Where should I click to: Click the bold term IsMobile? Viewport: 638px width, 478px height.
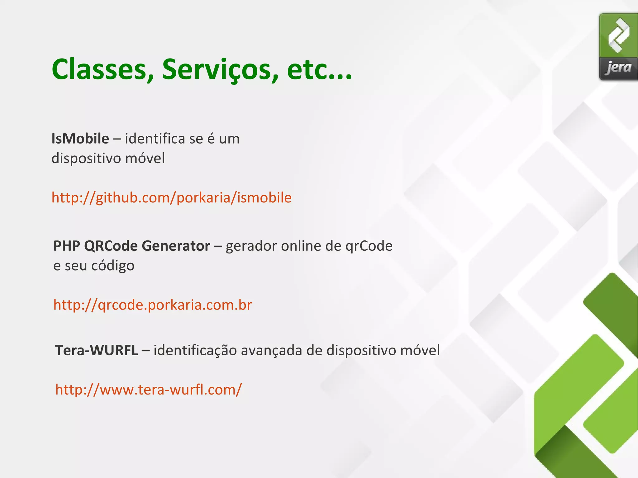pyautogui.click(x=80, y=139)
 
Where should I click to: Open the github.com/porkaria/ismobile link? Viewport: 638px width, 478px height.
pyautogui.click(x=171, y=197)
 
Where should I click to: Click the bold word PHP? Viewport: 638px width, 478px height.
pyautogui.click(x=67, y=246)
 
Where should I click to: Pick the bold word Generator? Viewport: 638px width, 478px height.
pyautogui.click(x=176, y=246)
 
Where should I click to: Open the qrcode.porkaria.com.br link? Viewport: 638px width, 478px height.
pyautogui.click(x=153, y=305)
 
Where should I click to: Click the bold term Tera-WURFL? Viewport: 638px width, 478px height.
pyautogui.click(x=96, y=350)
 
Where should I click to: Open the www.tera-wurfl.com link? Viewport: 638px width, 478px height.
pyautogui.click(x=148, y=390)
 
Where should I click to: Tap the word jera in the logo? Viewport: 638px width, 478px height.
pyautogui.click(x=618, y=67)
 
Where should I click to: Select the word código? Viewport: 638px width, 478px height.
pyautogui.click(x=112, y=266)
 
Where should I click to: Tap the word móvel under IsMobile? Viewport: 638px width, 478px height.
pyautogui.click(x=145, y=158)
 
